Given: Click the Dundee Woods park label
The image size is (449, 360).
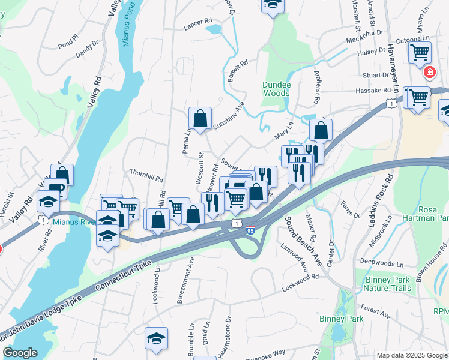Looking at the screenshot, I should coord(276,89).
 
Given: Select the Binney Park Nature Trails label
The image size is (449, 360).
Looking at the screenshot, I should coord(387,284).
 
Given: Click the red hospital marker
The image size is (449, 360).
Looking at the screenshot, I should coord(430,73).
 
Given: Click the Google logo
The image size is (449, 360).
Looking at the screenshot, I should coord(20,353).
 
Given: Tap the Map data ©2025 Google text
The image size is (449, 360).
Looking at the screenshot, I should coord(412,355).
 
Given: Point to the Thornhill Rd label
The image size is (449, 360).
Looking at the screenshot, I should coord(146,175).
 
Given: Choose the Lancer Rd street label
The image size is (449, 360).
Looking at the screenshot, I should coord(199,21).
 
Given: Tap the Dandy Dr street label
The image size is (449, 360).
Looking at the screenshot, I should coord(86,50).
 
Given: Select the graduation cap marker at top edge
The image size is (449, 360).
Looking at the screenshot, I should coord(273,5).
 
